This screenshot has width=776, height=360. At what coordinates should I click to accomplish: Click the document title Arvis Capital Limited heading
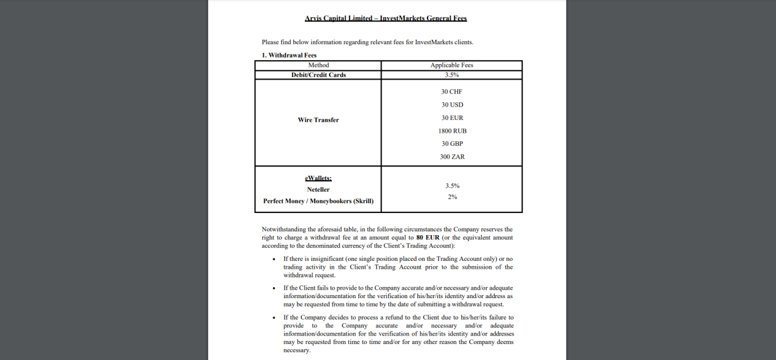[385, 18]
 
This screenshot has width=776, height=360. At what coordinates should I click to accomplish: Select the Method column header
[318, 65]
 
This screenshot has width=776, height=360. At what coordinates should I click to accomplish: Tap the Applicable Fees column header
[451, 65]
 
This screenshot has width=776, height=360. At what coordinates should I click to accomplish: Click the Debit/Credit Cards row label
[318, 75]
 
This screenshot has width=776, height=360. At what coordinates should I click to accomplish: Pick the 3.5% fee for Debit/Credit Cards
[452, 75]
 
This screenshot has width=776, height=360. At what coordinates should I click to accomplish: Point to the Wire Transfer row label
[318, 120]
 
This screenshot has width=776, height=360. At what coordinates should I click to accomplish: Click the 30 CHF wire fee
[452, 92]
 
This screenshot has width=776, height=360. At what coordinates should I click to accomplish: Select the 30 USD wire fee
[452, 105]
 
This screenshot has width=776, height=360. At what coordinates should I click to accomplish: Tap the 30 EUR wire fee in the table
[452, 118]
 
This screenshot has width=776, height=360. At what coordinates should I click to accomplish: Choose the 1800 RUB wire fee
[452, 131]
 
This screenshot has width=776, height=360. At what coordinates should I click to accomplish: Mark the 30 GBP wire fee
[452, 144]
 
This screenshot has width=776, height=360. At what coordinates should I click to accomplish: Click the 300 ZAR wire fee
[452, 157]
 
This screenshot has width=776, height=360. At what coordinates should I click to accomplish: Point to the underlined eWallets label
[318, 178]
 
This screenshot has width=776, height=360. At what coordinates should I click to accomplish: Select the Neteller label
[318, 190]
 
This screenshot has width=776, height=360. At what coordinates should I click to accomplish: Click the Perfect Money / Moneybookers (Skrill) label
[318, 201]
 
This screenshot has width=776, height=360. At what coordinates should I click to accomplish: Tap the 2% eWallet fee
[452, 197]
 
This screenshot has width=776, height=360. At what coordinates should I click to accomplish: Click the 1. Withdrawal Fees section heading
[289, 55]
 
